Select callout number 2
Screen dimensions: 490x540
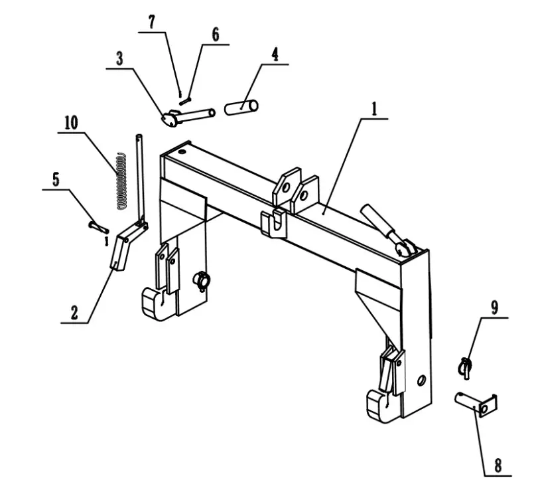click(x=74, y=313)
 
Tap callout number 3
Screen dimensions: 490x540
click(x=119, y=58)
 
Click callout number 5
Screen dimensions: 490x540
click(x=56, y=179)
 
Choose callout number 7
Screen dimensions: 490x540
click(x=153, y=22)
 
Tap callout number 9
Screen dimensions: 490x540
click(x=494, y=307)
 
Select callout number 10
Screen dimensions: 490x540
click(x=71, y=123)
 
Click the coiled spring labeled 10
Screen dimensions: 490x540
click(x=120, y=181)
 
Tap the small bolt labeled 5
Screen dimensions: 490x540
click(x=98, y=227)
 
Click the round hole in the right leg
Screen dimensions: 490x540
click(x=421, y=380)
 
